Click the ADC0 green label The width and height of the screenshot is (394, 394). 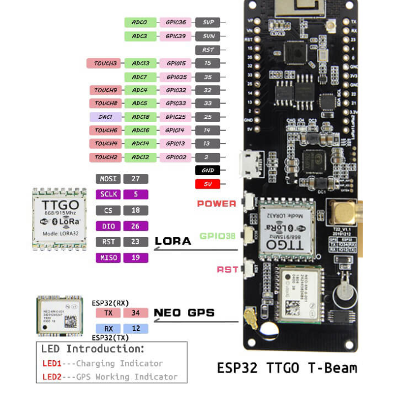[139, 23]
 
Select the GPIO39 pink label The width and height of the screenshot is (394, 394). [175, 36]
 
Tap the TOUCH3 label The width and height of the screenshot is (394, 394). [105, 63]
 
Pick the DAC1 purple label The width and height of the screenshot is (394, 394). [105, 117]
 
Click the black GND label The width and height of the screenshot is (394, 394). [208, 170]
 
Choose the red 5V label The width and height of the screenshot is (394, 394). [208, 184]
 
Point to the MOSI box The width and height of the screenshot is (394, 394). [108, 179]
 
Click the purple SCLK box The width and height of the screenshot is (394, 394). [108, 195]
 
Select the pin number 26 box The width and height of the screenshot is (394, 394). [136, 226]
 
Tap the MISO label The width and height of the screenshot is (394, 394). [108, 258]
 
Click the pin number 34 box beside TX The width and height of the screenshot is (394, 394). [136, 313]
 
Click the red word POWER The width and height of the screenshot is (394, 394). [216, 204]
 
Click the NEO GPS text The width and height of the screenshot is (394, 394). [184, 313]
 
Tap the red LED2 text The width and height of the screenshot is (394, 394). [52, 377]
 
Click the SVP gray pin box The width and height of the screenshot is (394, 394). [208, 23]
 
